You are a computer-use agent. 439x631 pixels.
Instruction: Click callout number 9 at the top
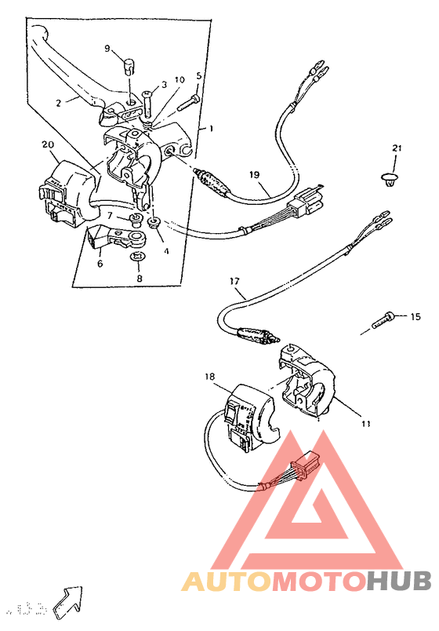(108, 49)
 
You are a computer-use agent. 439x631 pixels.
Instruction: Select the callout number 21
(397, 148)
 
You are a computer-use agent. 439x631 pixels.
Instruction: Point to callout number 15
(415, 316)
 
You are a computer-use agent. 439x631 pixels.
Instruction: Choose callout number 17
(234, 280)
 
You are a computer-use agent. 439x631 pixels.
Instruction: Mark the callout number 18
(209, 378)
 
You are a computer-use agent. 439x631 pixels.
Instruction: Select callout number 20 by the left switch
(47, 144)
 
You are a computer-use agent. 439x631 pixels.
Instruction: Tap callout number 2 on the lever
(58, 102)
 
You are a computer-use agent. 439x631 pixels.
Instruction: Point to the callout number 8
(140, 278)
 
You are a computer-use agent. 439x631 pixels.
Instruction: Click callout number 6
(100, 264)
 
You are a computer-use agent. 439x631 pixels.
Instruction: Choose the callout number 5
(199, 76)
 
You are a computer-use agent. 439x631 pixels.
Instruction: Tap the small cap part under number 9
(129, 63)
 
